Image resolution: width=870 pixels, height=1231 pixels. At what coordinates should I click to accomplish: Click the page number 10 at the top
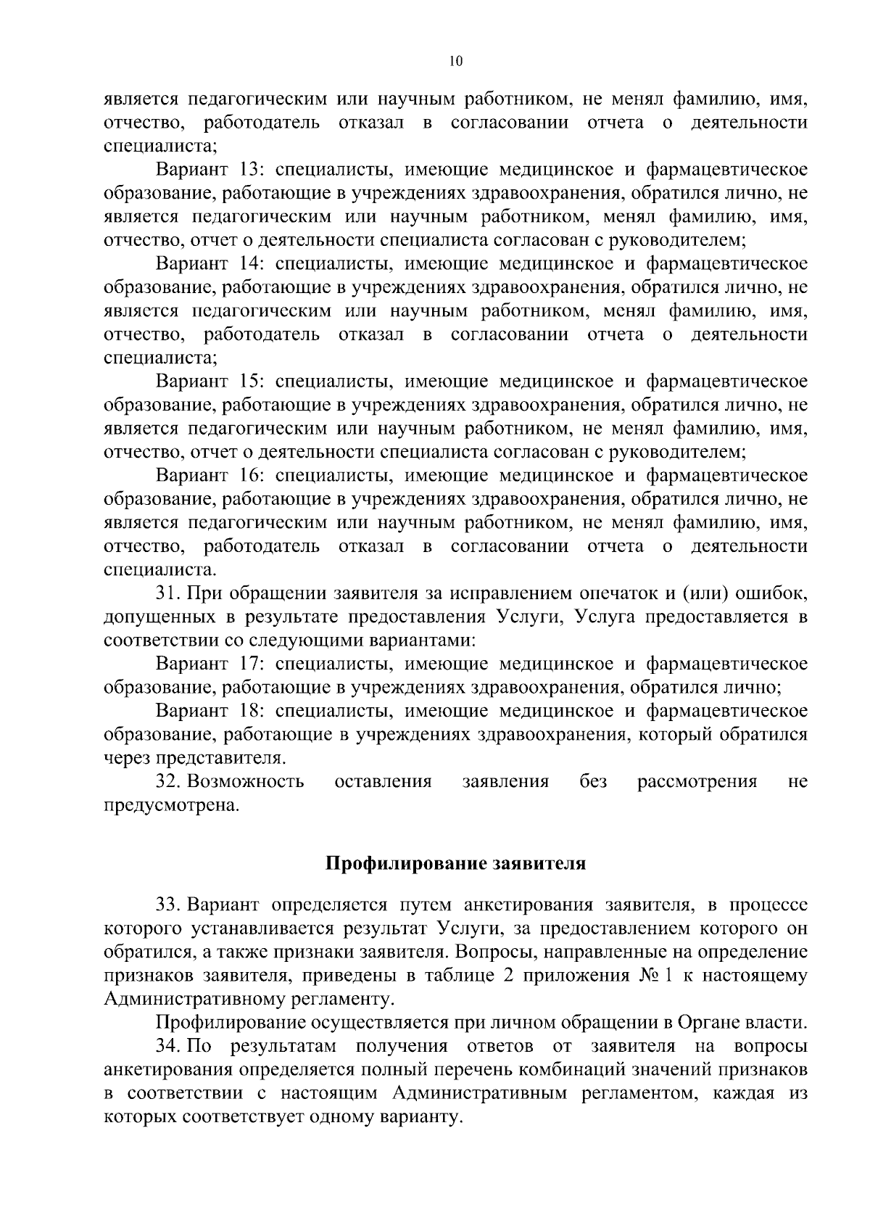(455, 62)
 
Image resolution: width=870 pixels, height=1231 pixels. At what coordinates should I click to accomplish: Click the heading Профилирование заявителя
(455, 864)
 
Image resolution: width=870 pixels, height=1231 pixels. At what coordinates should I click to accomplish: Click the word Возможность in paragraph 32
(246, 782)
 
